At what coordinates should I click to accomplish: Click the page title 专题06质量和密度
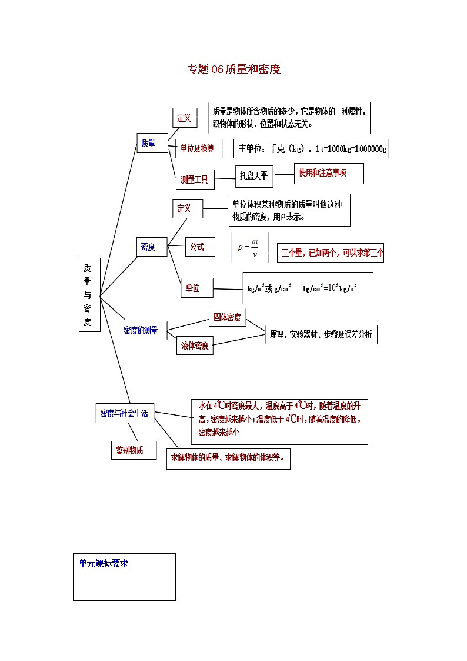click(233, 69)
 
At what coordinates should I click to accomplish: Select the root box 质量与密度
click(89, 294)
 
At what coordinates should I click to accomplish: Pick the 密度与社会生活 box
click(125, 413)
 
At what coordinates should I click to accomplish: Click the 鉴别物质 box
click(134, 450)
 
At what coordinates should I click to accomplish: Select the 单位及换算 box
click(198, 149)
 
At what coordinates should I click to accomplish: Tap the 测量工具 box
click(195, 180)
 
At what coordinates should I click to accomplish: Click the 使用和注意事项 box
click(328, 173)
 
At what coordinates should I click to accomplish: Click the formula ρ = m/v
click(249, 247)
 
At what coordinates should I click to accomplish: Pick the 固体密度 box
click(227, 317)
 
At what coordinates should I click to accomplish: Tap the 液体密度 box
click(195, 346)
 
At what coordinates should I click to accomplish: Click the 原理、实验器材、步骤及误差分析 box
click(321, 334)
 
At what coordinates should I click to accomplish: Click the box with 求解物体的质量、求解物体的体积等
click(228, 458)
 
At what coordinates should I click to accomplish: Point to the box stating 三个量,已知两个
click(331, 253)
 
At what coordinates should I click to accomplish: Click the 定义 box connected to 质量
click(184, 118)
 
